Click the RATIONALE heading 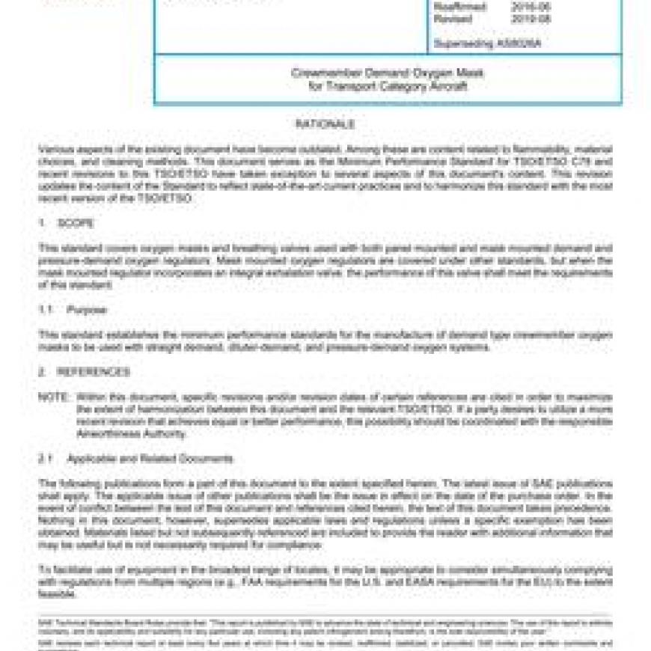tap(324, 124)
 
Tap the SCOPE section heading tap(78, 223)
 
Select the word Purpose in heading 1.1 tap(87, 309)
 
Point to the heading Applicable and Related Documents tap(150, 458)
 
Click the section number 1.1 tap(46, 309)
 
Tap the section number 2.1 tap(46, 458)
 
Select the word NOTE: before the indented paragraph tap(53, 396)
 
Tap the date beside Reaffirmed tap(527, 7)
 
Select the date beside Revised tap(527, 19)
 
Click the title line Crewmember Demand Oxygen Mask tap(387, 73)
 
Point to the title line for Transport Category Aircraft tap(387, 86)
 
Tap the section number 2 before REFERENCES tap(42, 372)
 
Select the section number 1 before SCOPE tap(42, 223)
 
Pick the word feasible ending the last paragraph tap(57, 594)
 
